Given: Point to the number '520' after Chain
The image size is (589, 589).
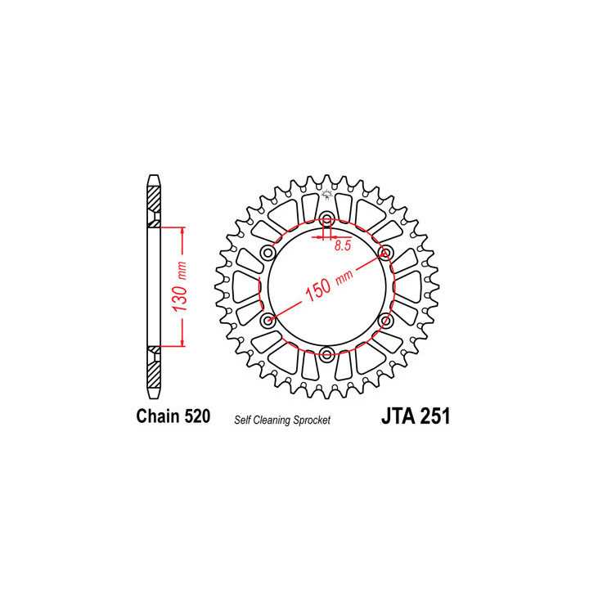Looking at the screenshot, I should point(196,416).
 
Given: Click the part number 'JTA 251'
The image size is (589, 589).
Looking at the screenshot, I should point(415,416).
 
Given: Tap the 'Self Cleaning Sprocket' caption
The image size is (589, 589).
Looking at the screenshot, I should point(282,418).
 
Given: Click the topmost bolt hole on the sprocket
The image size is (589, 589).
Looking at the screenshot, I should point(327,220).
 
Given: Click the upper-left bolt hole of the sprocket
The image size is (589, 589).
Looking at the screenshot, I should point(268,253).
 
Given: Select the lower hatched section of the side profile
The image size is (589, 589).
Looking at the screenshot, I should point(154,371).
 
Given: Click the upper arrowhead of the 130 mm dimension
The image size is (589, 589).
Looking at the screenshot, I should point(182,230).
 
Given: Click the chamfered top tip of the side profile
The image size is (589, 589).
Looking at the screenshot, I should point(154,178).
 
